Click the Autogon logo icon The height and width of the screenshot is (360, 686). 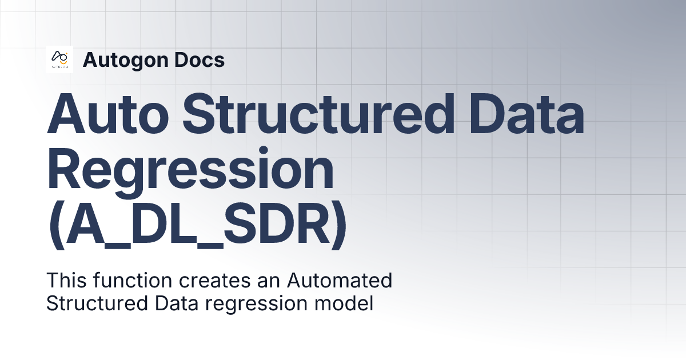coord(59,59)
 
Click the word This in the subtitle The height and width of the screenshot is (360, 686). coord(63,281)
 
